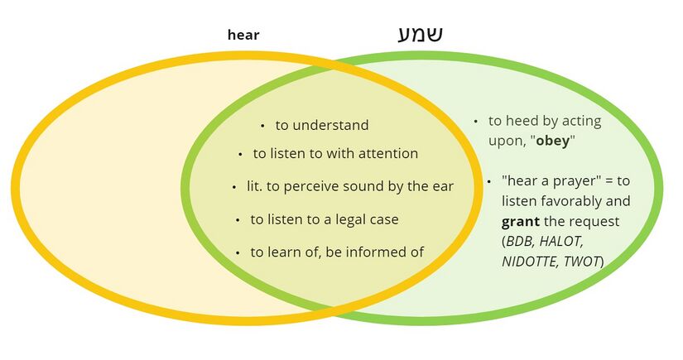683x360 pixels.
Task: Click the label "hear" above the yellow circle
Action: pyautogui.click(x=243, y=35)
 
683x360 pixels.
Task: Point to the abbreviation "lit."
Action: pyautogui.click(x=255, y=186)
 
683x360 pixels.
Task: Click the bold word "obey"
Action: pyautogui.click(x=552, y=140)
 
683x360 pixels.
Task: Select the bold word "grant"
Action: pyautogui.click(x=520, y=222)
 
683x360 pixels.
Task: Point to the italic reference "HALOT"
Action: pyautogui.click(x=562, y=242)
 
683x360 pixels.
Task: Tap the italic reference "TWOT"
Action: pyautogui.click(x=583, y=262)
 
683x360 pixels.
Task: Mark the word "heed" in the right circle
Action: pyautogui.click(x=521, y=121)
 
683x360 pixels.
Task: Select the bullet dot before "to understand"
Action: pyautogui.click(x=262, y=126)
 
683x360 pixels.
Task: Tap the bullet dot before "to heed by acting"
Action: pyautogui.click(x=476, y=121)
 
